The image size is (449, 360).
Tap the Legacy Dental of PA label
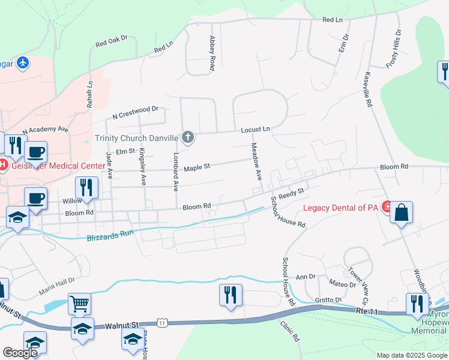click(x=342, y=208)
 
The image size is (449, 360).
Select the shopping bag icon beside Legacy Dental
click(x=401, y=212)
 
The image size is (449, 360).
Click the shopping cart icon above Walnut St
click(x=79, y=304)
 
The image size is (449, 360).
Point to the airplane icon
click(x=23, y=62)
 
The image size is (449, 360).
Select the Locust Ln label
click(x=256, y=129)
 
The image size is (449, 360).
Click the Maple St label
click(x=197, y=167)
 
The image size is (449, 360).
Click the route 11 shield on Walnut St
click(x=162, y=323)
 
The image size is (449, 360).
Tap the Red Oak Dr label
click(x=112, y=41)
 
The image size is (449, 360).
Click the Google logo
click(x=20, y=353)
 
